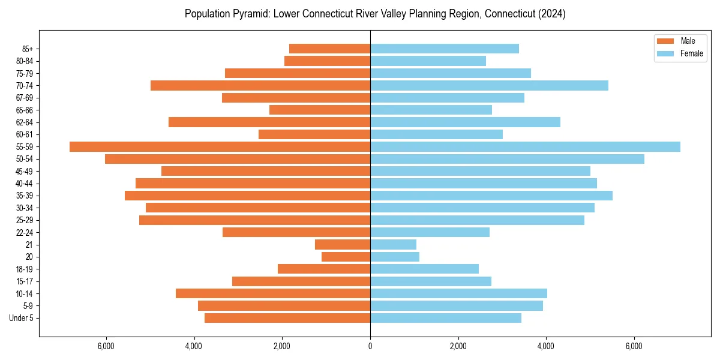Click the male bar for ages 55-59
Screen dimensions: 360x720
(220, 146)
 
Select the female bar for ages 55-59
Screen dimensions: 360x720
(525, 146)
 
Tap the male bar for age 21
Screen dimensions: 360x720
(343, 244)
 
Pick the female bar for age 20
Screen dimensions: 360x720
(395, 257)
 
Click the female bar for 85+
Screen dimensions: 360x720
(445, 49)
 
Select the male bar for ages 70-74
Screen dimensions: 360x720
(260, 85)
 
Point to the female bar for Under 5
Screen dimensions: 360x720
(446, 318)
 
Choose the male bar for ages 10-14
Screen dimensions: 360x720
(273, 293)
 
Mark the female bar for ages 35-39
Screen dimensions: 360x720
(491, 196)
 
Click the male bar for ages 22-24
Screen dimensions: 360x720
(296, 232)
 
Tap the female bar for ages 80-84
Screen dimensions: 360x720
(428, 61)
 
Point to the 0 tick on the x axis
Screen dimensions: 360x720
(370, 346)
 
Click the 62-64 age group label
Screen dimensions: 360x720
(25, 122)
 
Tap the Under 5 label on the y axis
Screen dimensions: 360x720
(22, 318)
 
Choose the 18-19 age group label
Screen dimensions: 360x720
(25, 269)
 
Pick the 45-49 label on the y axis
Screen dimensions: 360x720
(25, 171)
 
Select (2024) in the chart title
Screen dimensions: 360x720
(551, 14)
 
